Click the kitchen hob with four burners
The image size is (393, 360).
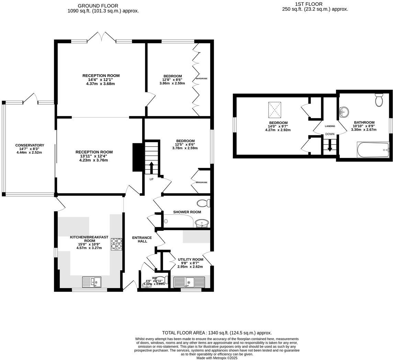pyautogui.click(x=116, y=244)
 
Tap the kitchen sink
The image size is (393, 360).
pyautogui.click(x=92, y=282)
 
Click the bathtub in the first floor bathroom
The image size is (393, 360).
pyautogui.click(x=373, y=150)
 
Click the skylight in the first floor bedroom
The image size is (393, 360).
pyautogui.click(x=275, y=110)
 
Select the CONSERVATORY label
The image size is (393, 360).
pyautogui.click(x=30, y=145)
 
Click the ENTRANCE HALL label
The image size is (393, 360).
pyautogui.click(x=142, y=239)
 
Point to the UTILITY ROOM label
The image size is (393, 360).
pyautogui.click(x=190, y=260)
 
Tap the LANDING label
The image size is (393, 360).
pyautogui.click(x=330, y=126)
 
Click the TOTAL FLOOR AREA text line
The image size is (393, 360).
pyautogui.click(x=217, y=333)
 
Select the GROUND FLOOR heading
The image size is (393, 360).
pyautogui.click(x=98, y=6)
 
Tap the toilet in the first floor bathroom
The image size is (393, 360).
pyautogui.click(x=379, y=100)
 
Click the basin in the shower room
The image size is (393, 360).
pyautogui.click(x=201, y=224)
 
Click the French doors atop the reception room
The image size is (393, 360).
pyautogui.click(x=101, y=37)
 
